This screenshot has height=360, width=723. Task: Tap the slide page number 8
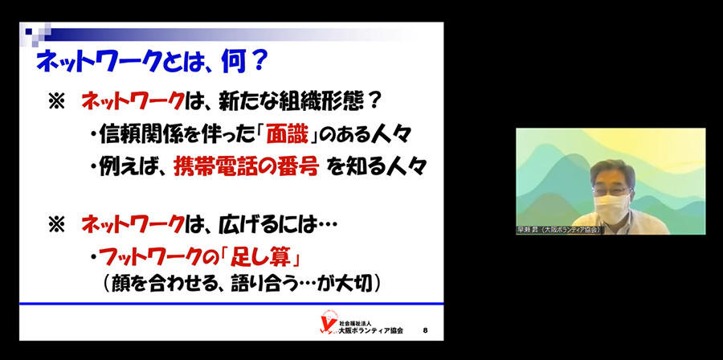[425, 330]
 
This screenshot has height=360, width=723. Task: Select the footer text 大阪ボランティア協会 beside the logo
[370, 330]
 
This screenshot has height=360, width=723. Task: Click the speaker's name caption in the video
[558, 230]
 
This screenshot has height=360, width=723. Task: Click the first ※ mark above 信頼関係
[57, 102]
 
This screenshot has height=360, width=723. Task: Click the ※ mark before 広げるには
[57, 225]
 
